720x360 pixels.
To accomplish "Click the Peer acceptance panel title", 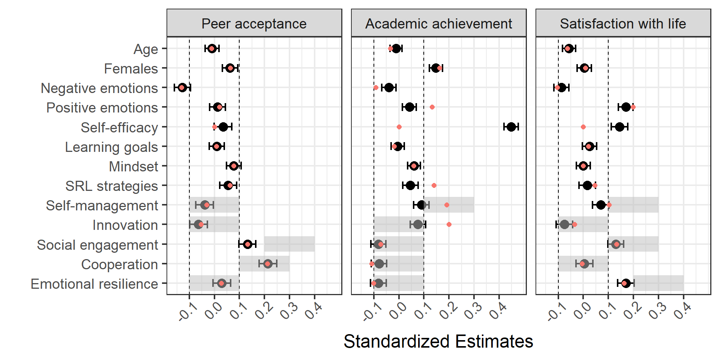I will tap(254, 24).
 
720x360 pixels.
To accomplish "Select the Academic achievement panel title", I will tap(438, 24).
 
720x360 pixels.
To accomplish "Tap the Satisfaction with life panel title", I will tap(623, 24).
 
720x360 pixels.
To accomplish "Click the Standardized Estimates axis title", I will tap(438, 342).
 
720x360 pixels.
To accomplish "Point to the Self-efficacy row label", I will tap(119, 127).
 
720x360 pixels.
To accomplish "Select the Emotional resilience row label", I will tap(94, 284).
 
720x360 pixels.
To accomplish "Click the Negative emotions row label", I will tap(99, 88).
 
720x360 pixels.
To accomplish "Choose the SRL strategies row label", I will tap(111, 186).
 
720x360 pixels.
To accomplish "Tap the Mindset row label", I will tap(133, 166).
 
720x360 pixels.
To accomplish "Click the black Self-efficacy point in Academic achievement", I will tap(511, 127).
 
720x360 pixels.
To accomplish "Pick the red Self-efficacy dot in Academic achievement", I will tap(399, 127).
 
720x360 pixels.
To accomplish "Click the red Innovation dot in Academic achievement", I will tap(449, 224).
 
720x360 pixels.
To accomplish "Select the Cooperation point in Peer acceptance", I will tap(267, 264).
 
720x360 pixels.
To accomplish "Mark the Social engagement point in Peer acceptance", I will tap(247, 244).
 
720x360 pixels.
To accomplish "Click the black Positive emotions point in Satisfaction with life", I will tap(626, 107).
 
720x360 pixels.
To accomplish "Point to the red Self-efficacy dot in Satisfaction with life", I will tap(583, 127).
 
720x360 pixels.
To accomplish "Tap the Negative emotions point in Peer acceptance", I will tap(182, 87).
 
